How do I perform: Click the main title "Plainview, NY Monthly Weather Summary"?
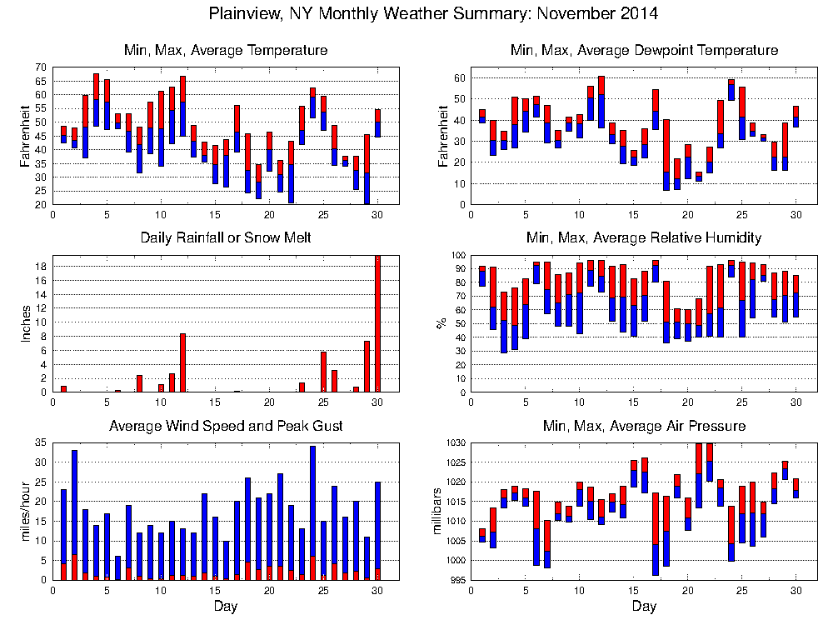433,13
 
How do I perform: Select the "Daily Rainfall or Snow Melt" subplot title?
226,237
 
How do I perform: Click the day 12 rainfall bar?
182,362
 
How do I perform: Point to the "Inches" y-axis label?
25,323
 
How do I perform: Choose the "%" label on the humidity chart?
441,323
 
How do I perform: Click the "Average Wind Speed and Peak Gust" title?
226,426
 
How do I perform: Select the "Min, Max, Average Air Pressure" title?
644,426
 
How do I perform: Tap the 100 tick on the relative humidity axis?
456,255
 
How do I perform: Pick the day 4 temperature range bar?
96,100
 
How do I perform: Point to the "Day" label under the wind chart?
226,606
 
